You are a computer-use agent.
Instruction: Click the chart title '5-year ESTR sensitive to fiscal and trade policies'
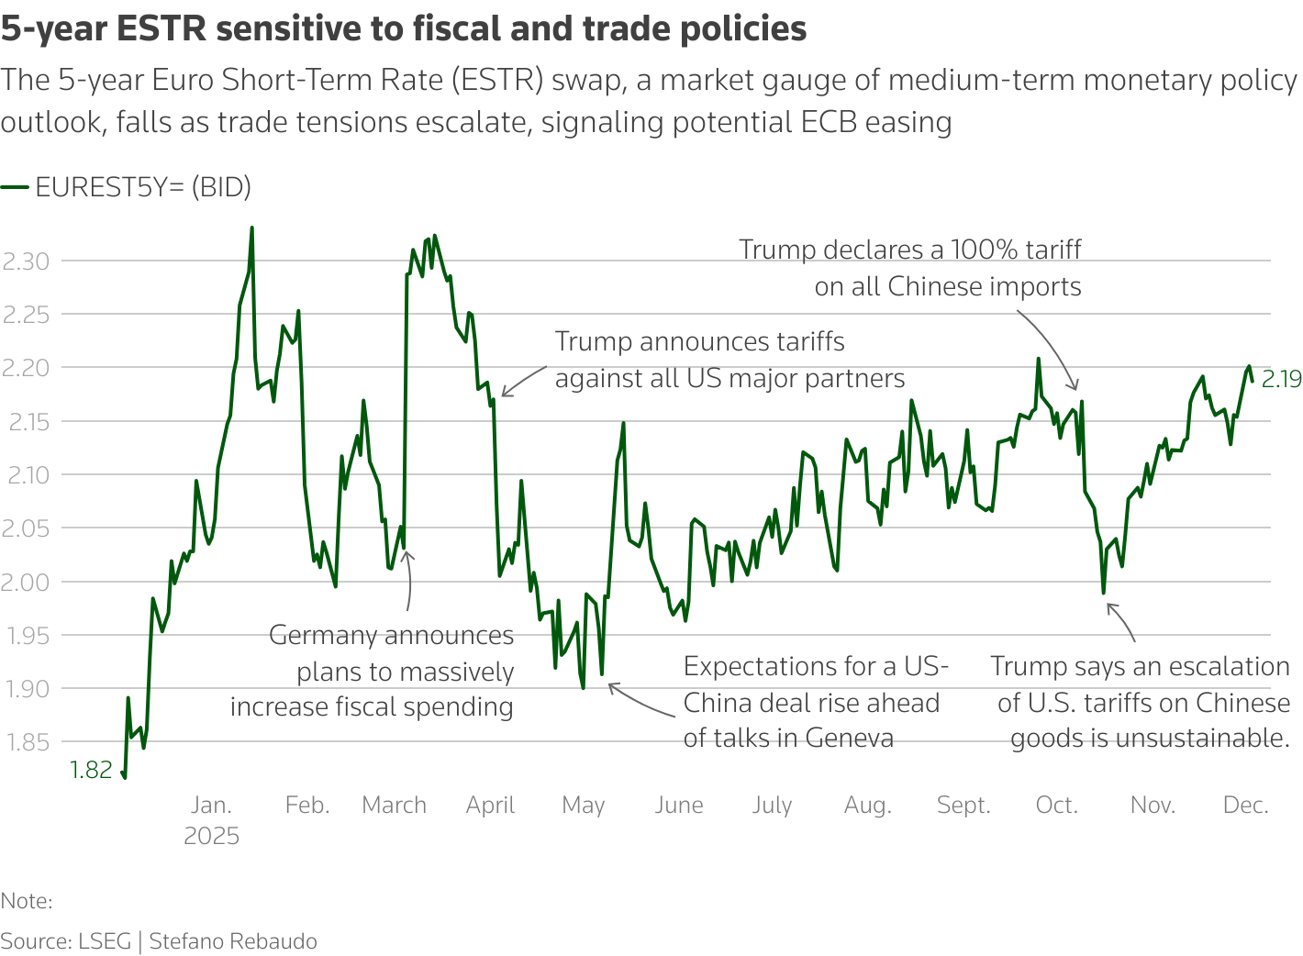404,29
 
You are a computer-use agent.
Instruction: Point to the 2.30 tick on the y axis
26,261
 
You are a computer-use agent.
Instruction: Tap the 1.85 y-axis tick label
26,742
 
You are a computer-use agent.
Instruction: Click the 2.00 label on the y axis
26,582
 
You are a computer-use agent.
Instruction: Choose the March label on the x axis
394,806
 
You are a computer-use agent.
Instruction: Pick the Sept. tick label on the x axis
963,806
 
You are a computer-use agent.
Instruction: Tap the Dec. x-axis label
1245,806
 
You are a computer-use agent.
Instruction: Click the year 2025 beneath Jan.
211,837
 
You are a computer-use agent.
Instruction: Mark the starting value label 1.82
91,770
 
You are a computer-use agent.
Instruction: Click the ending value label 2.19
1281,379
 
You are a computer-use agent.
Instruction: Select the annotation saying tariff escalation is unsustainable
1141,703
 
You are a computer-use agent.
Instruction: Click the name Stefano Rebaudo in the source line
233,941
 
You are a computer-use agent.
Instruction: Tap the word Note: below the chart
27,901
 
